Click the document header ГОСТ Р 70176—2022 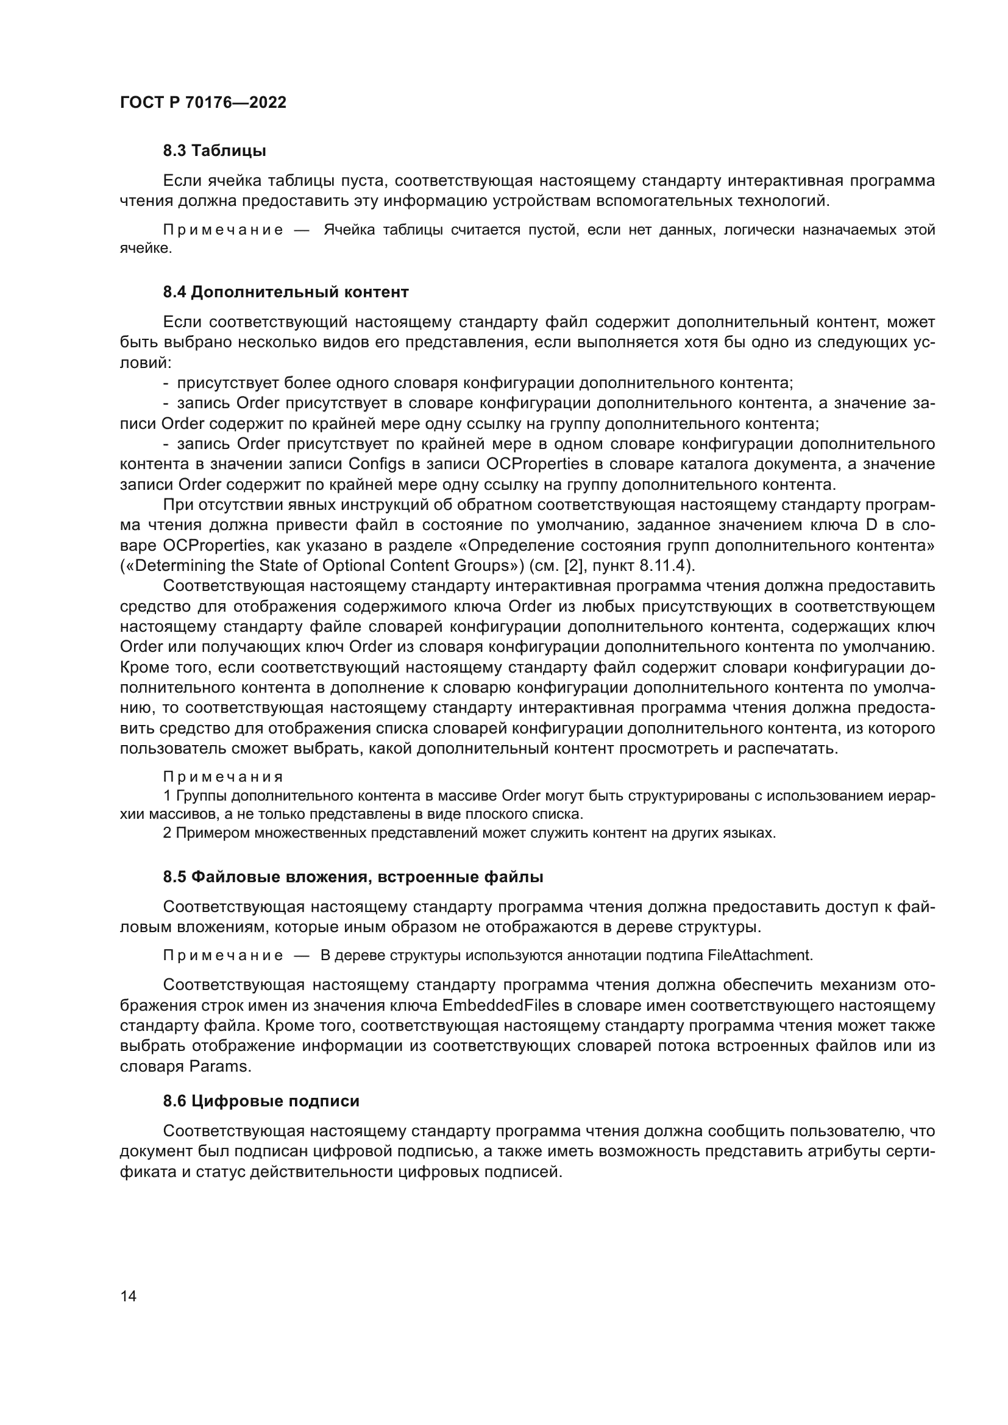click(x=203, y=103)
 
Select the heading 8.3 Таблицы click(x=214, y=151)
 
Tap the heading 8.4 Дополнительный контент click(x=285, y=292)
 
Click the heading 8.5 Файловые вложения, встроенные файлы click(x=352, y=877)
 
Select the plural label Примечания click(x=223, y=777)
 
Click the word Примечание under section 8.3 click(x=223, y=230)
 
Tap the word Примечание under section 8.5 click(x=223, y=956)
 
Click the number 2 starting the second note click(x=167, y=833)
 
